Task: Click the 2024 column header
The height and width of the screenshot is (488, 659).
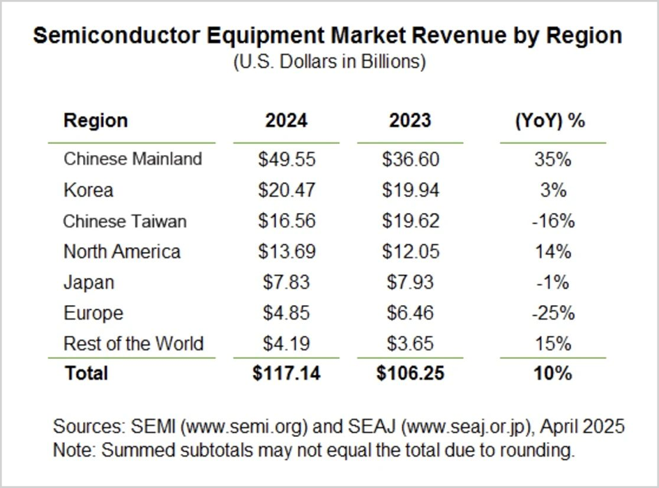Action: pos(286,120)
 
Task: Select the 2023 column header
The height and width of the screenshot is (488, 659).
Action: pos(410,120)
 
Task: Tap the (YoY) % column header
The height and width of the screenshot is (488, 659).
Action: pos(550,120)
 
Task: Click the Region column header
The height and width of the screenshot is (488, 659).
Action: pos(96,120)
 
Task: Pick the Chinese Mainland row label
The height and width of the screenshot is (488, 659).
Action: pos(132,158)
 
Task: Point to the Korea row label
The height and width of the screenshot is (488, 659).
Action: pos(88,190)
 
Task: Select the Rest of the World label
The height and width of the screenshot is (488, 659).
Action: pos(133,343)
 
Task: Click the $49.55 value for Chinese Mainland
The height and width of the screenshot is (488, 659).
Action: pos(287,159)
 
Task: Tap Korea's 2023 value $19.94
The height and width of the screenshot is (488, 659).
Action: pos(411,190)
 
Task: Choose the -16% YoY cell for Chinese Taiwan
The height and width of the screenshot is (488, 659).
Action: pos(553,221)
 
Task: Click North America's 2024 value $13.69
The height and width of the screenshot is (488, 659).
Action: pos(287,251)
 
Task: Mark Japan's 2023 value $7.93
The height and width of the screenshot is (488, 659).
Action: pos(411,283)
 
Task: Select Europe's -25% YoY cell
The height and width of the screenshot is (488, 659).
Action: pos(553,313)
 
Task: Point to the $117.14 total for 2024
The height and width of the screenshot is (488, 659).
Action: pos(287,374)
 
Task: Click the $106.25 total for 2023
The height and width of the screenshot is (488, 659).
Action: pos(411,374)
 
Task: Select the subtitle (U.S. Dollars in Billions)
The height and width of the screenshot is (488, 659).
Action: pos(329,61)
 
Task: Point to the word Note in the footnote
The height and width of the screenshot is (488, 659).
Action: pos(73,450)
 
